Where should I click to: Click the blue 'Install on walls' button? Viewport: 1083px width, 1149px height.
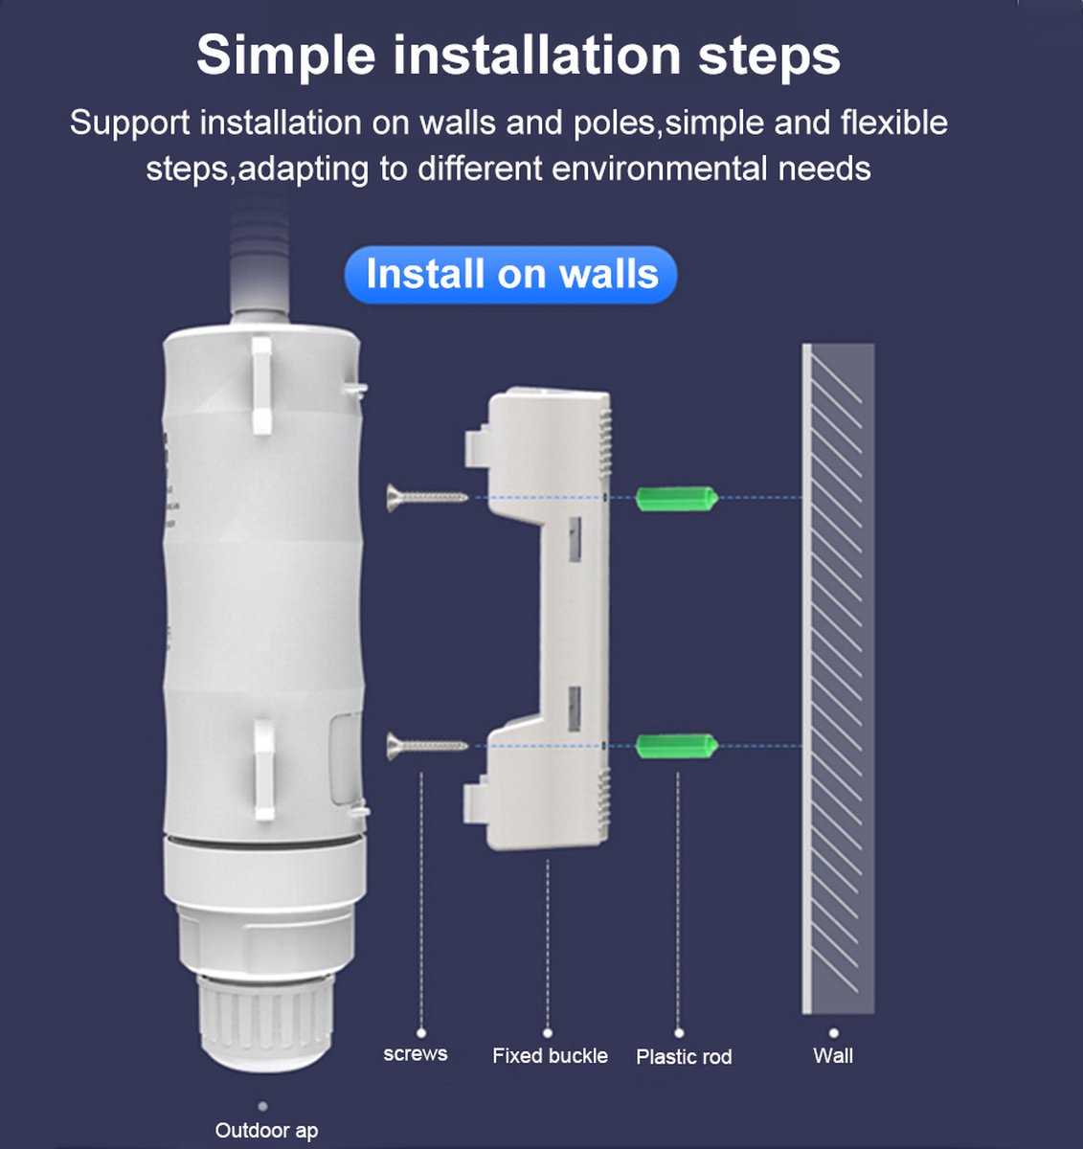[510, 274]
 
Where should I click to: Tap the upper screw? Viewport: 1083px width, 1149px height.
[427, 497]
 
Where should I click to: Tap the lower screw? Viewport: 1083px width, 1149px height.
[427, 746]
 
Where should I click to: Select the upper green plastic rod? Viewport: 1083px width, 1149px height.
[677, 498]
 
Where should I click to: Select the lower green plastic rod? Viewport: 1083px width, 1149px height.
[677, 746]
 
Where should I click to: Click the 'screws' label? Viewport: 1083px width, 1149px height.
[416, 1053]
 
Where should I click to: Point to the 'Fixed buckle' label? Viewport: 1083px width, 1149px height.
[550, 1056]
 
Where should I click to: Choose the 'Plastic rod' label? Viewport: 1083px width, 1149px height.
[685, 1057]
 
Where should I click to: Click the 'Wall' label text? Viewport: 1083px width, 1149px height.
[833, 1056]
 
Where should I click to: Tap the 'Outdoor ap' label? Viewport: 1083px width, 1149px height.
[266, 1130]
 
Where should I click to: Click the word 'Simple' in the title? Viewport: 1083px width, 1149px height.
[286, 56]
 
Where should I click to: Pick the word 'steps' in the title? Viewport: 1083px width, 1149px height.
[769, 56]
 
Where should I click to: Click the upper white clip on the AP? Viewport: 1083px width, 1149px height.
[261, 385]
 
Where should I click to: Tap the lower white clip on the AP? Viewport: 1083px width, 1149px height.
[264, 770]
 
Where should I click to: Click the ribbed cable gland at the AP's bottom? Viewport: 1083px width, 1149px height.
[265, 1023]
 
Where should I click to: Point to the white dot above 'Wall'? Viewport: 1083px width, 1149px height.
[833, 1033]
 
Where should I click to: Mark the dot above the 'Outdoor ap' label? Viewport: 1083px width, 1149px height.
[262, 1106]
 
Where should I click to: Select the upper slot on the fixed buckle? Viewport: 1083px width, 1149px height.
[575, 539]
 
